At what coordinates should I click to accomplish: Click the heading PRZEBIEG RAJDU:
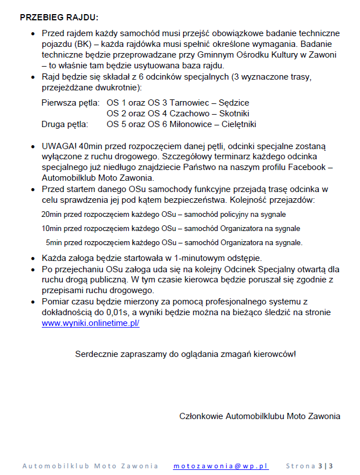click(x=59, y=18)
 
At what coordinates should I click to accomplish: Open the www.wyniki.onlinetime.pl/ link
click(x=90, y=324)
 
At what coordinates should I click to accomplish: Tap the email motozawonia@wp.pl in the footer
click(x=221, y=466)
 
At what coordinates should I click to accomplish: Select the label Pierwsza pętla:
click(x=71, y=103)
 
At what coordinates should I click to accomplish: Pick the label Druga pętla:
click(x=64, y=124)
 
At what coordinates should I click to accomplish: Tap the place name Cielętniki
click(x=240, y=124)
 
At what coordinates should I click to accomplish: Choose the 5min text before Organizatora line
click(x=55, y=242)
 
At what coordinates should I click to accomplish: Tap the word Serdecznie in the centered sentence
click(x=97, y=354)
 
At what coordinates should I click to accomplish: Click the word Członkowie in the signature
click(x=201, y=416)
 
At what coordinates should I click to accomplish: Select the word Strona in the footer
click(x=301, y=466)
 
